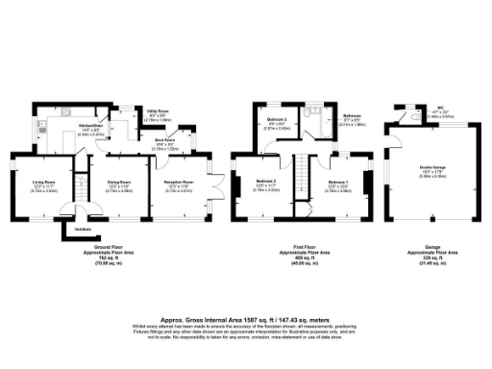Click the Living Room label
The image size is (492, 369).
[43, 181]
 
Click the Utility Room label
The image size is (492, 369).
[158, 113]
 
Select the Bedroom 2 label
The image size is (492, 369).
[266, 181]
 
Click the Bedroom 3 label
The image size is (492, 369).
[276, 122]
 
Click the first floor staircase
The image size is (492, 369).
[300, 177]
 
